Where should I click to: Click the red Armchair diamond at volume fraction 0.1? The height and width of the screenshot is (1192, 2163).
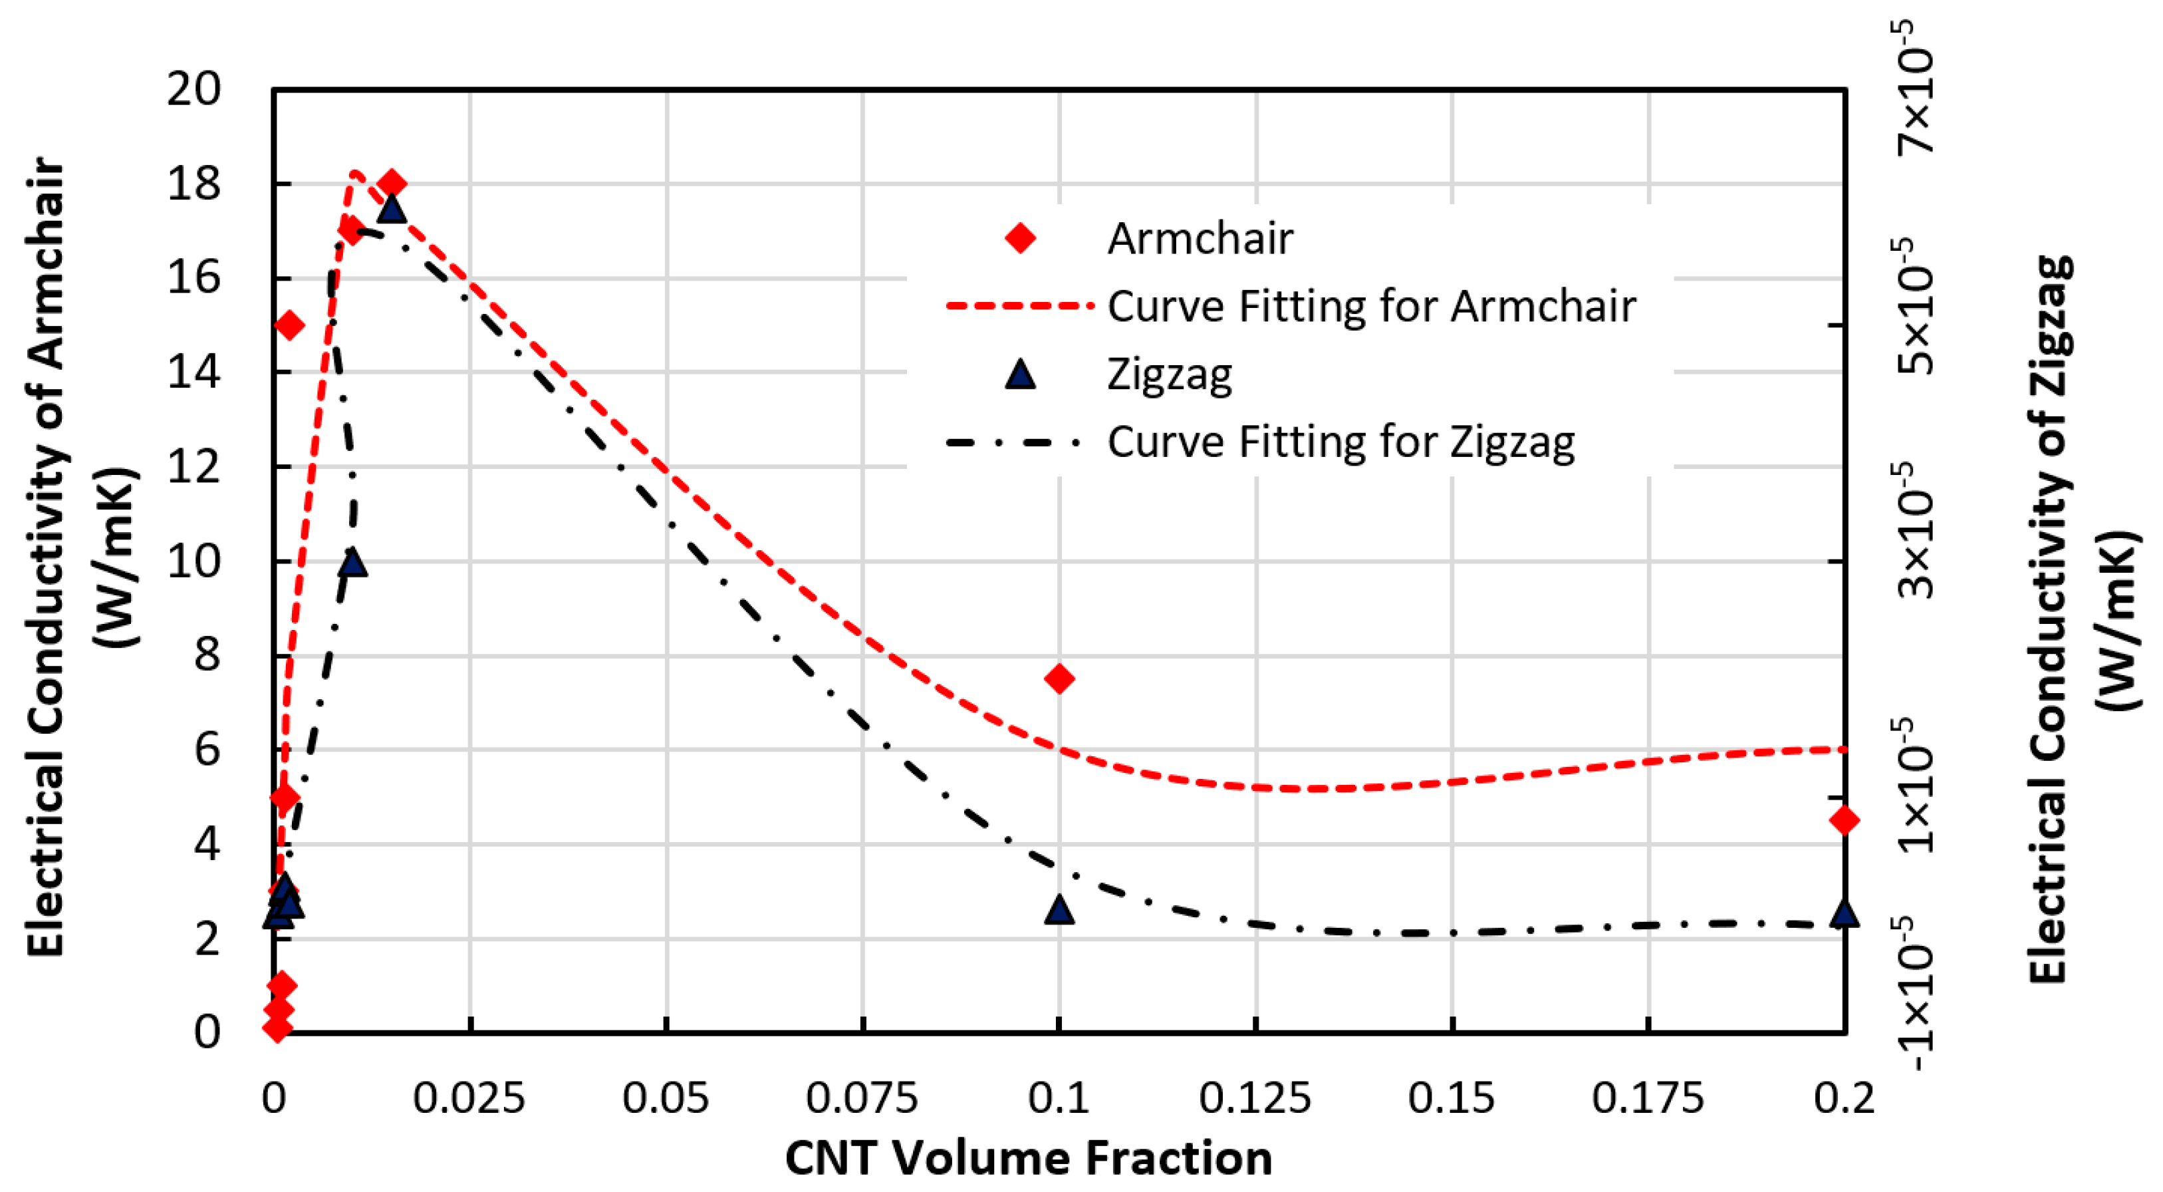pyautogui.click(x=1060, y=678)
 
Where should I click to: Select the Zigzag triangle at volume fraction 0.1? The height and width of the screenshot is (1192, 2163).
pyautogui.click(x=1060, y=909)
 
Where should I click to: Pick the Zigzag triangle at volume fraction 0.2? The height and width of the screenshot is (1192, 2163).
pyautogui.click(x=1844, y=911)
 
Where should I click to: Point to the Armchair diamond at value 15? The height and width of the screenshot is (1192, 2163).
pyautogui.click(x=289, y=325)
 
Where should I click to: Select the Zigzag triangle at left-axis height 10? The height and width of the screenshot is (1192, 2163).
pyautogui.click(x=354, y=561)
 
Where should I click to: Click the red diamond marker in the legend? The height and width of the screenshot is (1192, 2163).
pyautogui.click(x=1020, y=237)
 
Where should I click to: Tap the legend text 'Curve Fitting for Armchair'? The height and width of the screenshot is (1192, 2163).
pyautogui.click(x=1371, y=306)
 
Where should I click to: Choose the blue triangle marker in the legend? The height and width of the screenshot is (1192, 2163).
pyautogui.click(x=1020, y=374)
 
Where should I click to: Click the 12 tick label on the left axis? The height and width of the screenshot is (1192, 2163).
pyautogui.click(x=194, y=466)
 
